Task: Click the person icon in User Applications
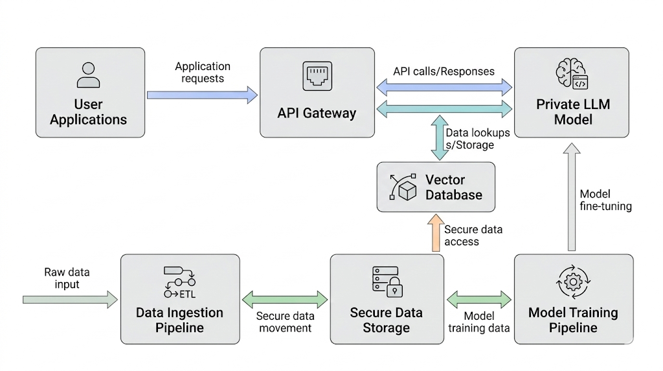tap(89, 75)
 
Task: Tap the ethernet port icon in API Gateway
tap(317, 77)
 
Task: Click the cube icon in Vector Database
tap(406, 191)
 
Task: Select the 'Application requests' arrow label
tap(203, 72)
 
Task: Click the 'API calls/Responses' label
tap(444, 71)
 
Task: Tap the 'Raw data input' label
tap(67, 278)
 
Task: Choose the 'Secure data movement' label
tap(285, 322)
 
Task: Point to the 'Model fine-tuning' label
tap(605, 200)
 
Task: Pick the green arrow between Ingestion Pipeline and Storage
tap(285, 300)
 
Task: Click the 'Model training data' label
tap(479, 322)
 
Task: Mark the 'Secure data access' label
tap(473, 235)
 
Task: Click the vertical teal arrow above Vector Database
tap(439, 138)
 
